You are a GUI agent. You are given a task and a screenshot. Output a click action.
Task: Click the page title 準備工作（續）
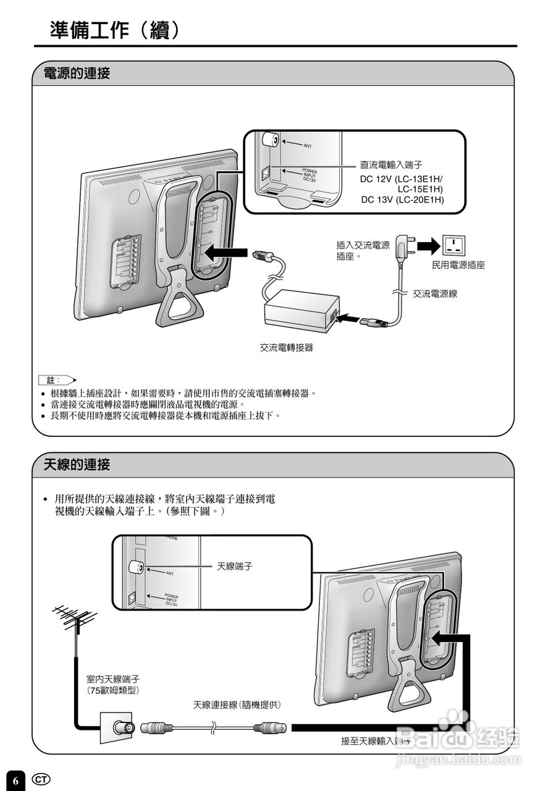[x=116, y=30]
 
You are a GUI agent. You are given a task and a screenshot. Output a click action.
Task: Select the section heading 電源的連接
[x=77, y=74]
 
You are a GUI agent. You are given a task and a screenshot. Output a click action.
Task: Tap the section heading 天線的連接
[x=77, y=465]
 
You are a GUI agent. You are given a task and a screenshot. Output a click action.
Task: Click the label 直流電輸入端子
[x=391, y=165]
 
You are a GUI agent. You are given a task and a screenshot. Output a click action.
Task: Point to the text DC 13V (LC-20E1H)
[x=402, y=200]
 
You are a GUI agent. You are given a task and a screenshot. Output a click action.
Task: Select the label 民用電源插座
[x=458, y=265]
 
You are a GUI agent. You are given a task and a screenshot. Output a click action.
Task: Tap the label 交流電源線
[x=435, y=294]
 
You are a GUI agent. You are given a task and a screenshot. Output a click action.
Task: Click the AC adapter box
[x=300, y=308]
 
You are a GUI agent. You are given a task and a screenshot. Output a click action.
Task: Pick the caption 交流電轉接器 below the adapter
[x=286, y=348]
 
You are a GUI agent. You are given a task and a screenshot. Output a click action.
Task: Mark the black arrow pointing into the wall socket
[x=427, y=246]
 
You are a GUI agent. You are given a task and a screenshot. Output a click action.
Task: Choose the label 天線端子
[x=234, y=565]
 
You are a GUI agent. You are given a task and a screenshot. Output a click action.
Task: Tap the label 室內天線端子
[x=112, y=679]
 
